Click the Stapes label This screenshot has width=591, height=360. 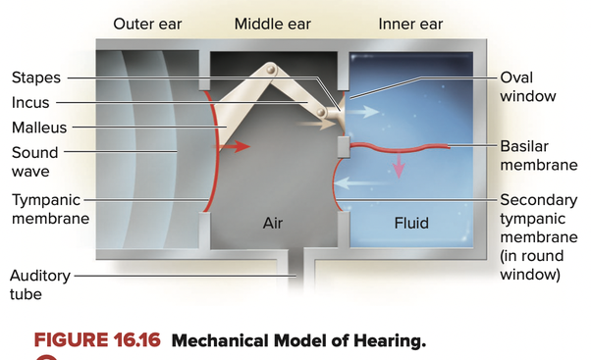[36, 77]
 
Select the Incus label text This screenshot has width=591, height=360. [30, 102]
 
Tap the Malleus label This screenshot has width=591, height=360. [39, 128]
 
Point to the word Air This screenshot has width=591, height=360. [273, 223]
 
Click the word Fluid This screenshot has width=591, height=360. [411, 223]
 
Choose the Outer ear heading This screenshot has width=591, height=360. [147, 25]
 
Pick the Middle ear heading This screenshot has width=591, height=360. [273, 25]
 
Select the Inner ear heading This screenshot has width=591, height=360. [410, 25]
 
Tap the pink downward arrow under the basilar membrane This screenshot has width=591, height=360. [399, 165]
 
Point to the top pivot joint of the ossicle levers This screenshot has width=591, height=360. [271, 70]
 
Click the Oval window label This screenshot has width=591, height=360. [528, 87]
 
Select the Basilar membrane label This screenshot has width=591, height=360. [539, 156]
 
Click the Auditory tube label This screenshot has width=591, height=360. [40, 284]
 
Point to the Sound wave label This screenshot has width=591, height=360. [34, 162]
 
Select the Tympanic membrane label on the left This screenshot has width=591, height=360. [50, 209]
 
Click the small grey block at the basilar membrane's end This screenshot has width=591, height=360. [344, 147]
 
